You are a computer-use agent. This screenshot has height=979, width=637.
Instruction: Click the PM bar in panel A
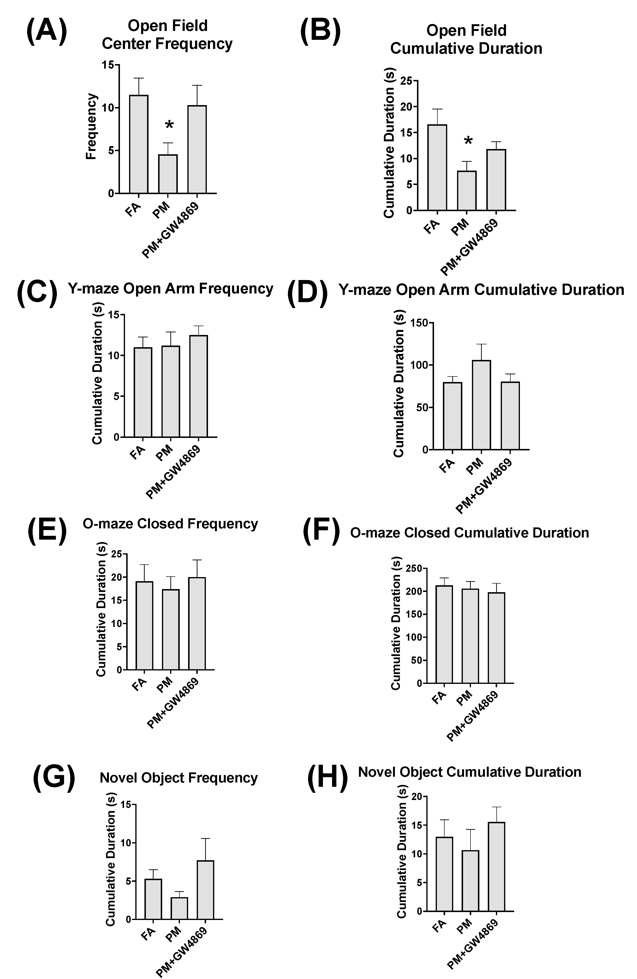[168, 174]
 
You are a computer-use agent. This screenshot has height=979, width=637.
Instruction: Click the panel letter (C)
[37, 293]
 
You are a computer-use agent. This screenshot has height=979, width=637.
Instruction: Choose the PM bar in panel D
[481, 405]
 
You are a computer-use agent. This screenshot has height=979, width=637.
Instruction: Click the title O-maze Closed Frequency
[170, 524]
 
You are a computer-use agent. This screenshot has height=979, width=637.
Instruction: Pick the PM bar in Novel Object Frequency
[179, 908]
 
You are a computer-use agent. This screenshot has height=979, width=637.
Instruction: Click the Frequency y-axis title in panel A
[91, 127]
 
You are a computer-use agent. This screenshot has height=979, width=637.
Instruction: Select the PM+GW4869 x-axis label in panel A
[171, 230]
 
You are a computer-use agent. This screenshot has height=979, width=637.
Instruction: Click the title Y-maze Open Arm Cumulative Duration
[481, 290]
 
